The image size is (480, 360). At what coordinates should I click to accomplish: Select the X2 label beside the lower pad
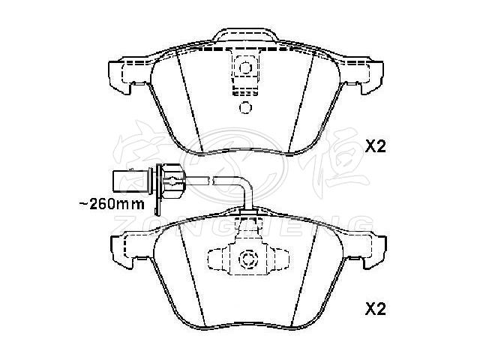(374, 307)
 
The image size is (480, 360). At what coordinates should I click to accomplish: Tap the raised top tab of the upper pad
(244, 37)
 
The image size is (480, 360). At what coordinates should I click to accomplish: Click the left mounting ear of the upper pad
(120, 76)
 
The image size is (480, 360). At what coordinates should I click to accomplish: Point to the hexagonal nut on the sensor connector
(172, 180)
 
